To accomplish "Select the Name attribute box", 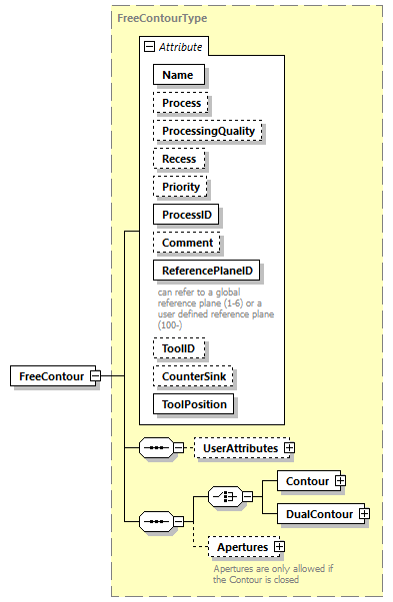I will tap(178, 74).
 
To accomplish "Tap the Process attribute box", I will tap(181, 102).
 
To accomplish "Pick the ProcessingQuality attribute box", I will tap(207, 130).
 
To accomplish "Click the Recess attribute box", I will tap(179, 158).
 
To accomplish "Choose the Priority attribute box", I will tap(181, 186).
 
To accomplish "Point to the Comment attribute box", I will tap(187, 242).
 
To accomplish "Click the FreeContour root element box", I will tap(50, 375).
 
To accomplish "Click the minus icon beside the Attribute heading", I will tap(149, 46).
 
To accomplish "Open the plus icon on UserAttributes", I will tap(290, 448).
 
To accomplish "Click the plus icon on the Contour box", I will tap(340, 480).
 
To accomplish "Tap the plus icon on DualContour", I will tap(364, 513).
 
